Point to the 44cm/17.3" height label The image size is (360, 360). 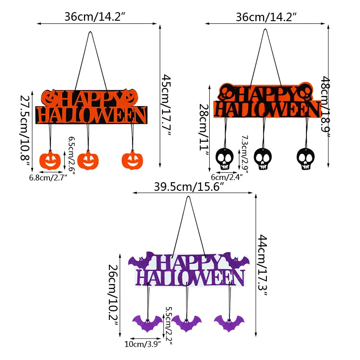tap(263, 265)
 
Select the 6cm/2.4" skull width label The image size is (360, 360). tap(227, 177)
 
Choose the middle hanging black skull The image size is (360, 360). tap(263, 159)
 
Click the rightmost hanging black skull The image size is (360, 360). tap(306, 159)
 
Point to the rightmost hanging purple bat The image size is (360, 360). tap(229, 323)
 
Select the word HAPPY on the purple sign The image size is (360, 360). tap(189, 263)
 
